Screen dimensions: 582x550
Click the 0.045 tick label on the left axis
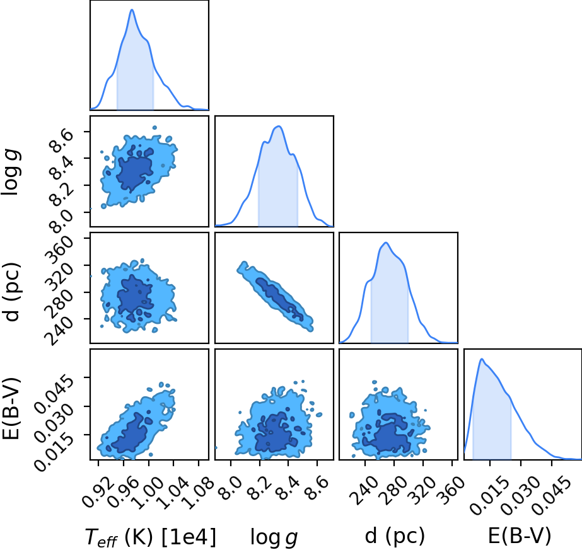52,394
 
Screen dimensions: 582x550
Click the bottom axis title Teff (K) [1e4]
150,537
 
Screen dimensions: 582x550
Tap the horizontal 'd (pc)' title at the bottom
395,536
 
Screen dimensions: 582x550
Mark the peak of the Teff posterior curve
132,9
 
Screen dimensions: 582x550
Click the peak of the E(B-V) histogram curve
482,358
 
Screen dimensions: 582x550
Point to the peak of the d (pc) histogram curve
386,243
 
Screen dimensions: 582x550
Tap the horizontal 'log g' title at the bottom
274,537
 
